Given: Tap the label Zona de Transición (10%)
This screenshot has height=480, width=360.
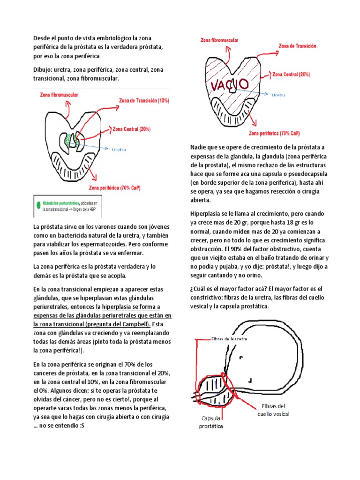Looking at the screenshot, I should [x=144, y=100].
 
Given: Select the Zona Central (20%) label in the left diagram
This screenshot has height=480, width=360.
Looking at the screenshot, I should [x=131, y=128].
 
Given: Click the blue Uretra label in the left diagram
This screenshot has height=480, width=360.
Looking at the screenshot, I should [x=119, y=150].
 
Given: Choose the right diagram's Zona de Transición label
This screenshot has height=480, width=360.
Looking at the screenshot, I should [x=297, y=46].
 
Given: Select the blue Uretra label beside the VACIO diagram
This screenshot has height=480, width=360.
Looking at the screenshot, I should [x=278, y=95].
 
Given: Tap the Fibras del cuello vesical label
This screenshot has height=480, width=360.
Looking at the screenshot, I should [x=273, y=410].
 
